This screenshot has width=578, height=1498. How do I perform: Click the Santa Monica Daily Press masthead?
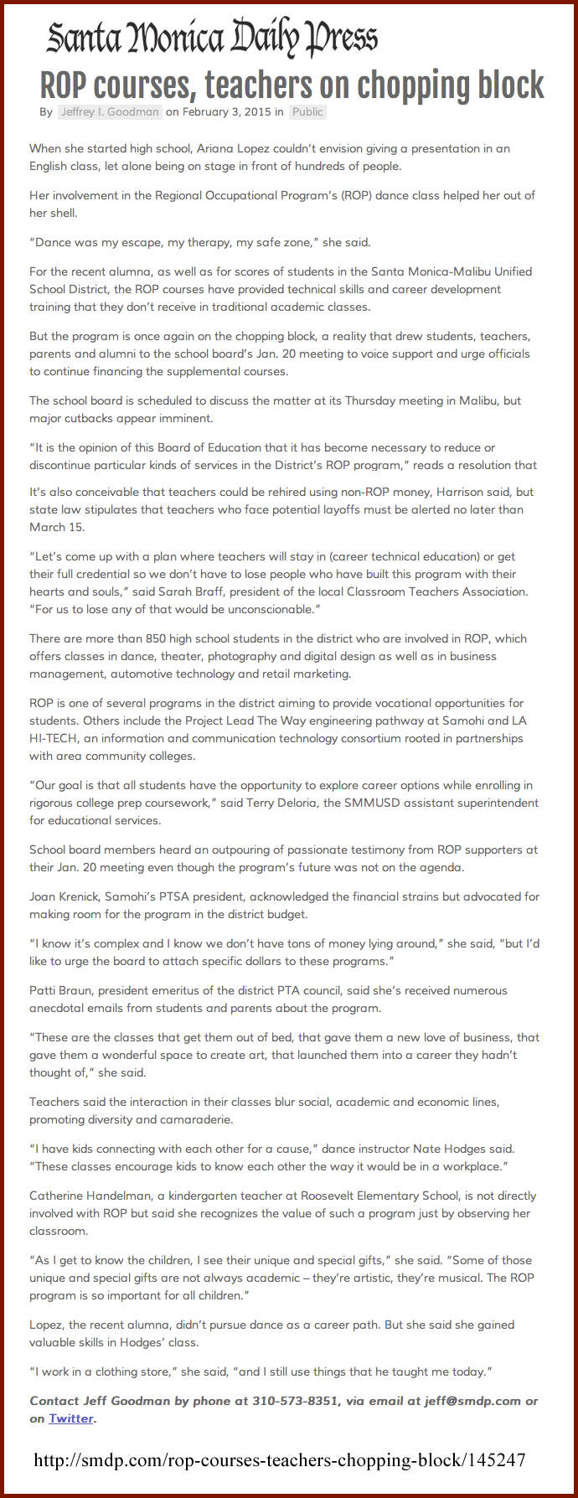click(x=212, y=39)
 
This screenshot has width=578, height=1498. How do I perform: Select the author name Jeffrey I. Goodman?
click(x=109, y=111)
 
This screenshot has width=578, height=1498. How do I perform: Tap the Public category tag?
click(x=307, y=111)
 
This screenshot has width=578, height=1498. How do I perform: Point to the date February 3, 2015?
click(x=225, y=111)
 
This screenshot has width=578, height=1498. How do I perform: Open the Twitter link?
click(x=70, y=1418)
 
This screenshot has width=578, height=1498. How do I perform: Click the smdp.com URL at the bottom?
click(x=280, y=1460)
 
